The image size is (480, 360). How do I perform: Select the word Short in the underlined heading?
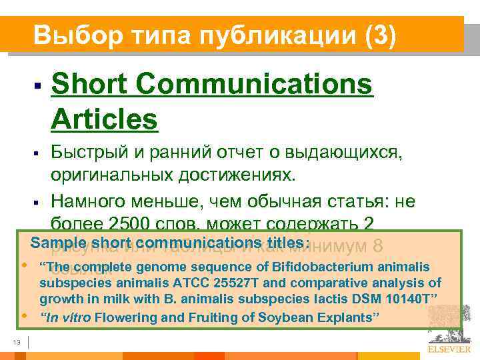(91, 85)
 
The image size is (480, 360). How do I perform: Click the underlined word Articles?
(104, 120)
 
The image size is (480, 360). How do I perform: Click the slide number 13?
(16, 343)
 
